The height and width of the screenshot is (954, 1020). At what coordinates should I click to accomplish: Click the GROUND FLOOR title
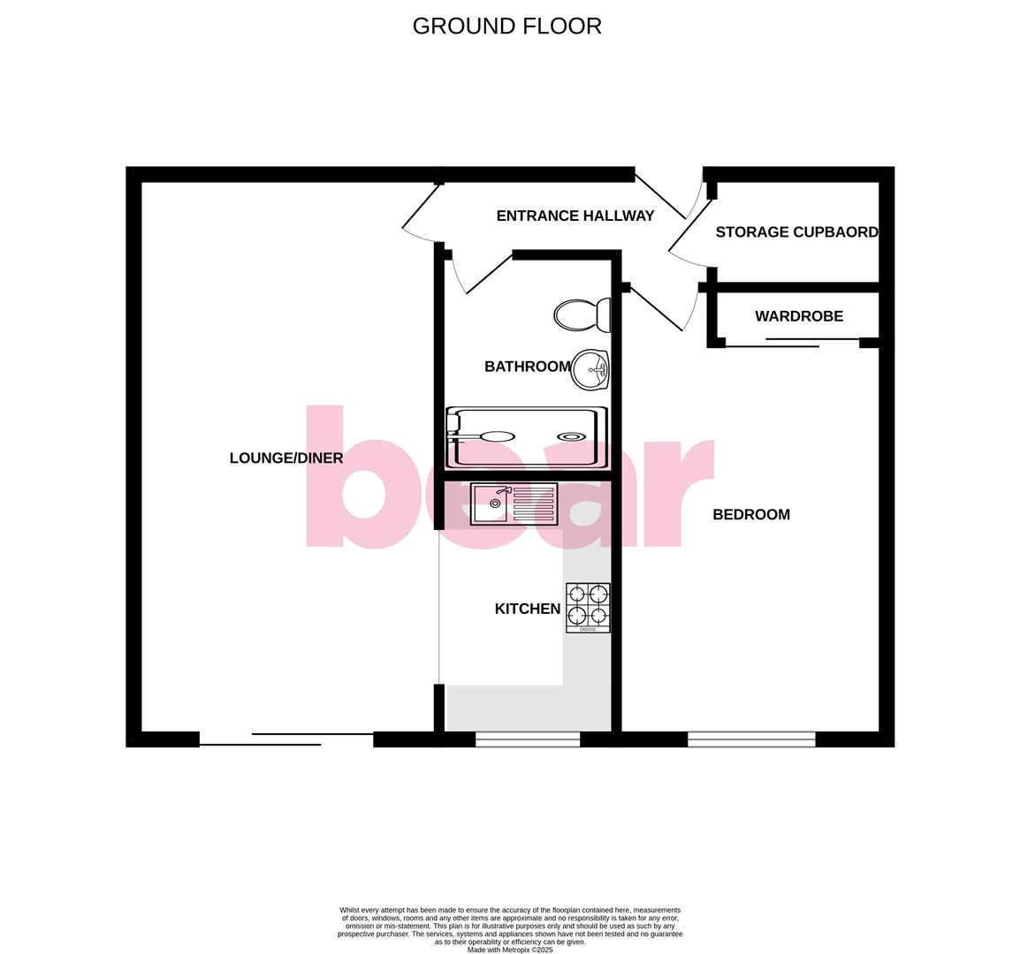pyautogui.click(x=506, y=26)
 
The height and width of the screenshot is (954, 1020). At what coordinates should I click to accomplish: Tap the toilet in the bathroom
pyautogui.click(x=582, y=314)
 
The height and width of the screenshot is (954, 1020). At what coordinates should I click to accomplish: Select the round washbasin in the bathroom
pyautogui.click(x=590, y=370)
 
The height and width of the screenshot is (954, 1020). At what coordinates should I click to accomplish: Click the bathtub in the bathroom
pyautogui.click(x=528, y=437)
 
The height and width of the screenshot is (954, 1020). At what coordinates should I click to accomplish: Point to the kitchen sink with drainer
pyautogui.click(x=514, y=503)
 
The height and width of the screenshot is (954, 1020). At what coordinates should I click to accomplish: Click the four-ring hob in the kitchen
pyautogui.click(x=588, y=608)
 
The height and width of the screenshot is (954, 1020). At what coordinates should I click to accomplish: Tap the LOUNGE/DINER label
pyautogui.click(x=285, y=458)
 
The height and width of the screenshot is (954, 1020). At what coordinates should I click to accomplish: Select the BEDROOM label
pyautogui.click(x=751, y=514)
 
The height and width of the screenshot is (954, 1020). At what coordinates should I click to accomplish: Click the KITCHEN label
pyautogui.click(x=527, y=609)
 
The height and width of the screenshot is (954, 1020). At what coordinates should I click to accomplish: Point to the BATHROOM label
pyautogui.click(x=527, y=367)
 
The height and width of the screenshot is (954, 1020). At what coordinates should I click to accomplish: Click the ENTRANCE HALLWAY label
pyautogui.click(x=575, y=216)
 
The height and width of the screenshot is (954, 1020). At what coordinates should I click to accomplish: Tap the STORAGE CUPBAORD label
pyautogui.click(x=796, y=232)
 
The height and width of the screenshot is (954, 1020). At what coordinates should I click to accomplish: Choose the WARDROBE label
pyautogui.click(x=798, y=316)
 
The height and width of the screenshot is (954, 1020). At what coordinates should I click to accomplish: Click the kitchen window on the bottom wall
pyautogui.click(x=528, y=739)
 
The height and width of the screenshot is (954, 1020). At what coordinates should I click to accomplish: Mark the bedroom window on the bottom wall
pyautogui.click(x=751, y=739)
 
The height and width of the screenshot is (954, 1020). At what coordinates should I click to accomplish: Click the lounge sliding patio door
pyautogui.click(x=286, y=739)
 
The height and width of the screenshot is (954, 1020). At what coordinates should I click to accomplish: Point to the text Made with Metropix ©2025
pyautogui.click(x=510, y=950)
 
